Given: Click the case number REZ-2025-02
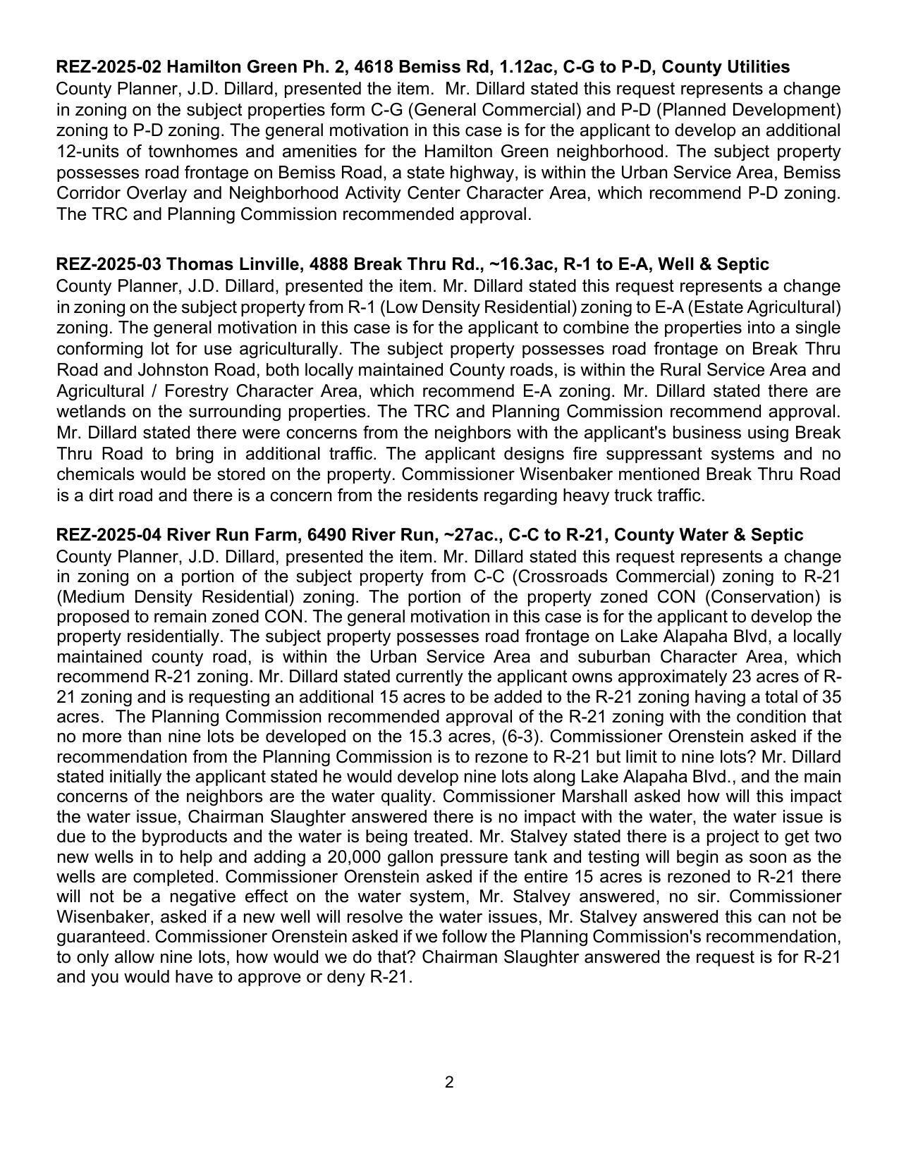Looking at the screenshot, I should tap(109, 67).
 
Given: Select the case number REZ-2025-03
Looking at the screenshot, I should tap(109, 264).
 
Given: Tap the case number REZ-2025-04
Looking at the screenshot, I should tap(109, 535).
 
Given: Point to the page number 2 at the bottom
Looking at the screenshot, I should tap(449, 1082).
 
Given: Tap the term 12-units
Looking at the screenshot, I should tap(85, 152).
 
